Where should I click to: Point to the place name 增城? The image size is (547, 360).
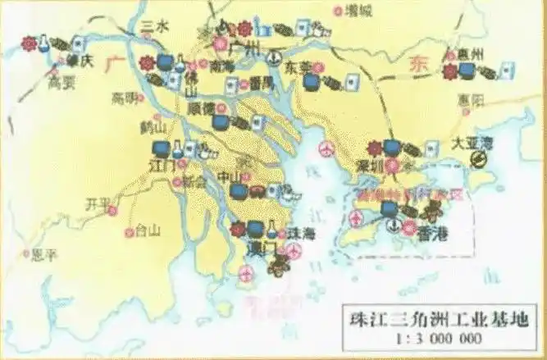click(x=358, y=11)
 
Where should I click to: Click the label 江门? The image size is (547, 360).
click(x=162, y=166)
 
